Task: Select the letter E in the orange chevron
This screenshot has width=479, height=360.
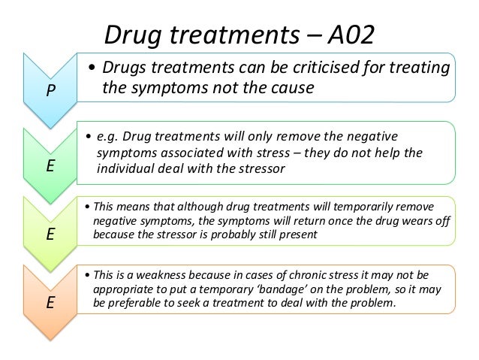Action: (50, 304)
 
